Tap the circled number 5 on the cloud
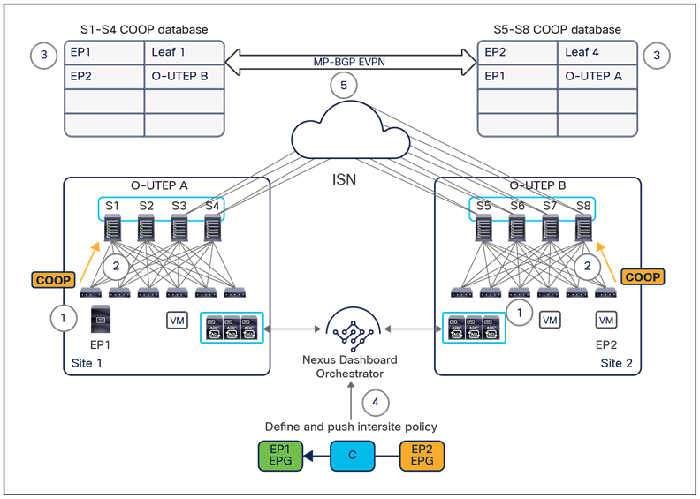[x=342, y=87]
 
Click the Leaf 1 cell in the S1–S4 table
[x=184, y=52]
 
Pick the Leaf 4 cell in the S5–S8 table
[x=599, y=52]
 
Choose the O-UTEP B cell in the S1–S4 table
[x=184, y=76]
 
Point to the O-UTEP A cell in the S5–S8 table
[x=599, y=76]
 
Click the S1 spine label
[x=113, y=207]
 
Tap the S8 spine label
[x=583, y=207]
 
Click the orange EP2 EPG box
[x=421, y=456]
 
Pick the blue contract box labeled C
[x=353, y=456]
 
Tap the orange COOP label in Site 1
[x=55, y=280]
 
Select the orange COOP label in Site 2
[x=643, y=276]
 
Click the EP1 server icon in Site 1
[x=100, y=318]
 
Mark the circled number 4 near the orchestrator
[x=376, y=403]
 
